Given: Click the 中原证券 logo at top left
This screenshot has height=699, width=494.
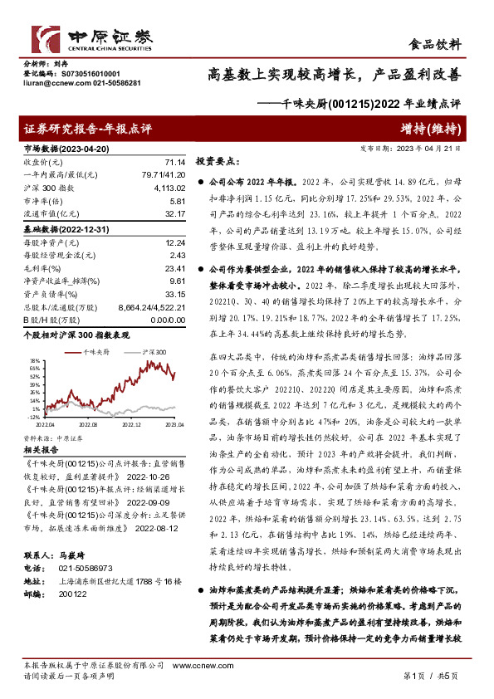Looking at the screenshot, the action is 92,39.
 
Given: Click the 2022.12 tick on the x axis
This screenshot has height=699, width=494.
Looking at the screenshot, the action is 132,423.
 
